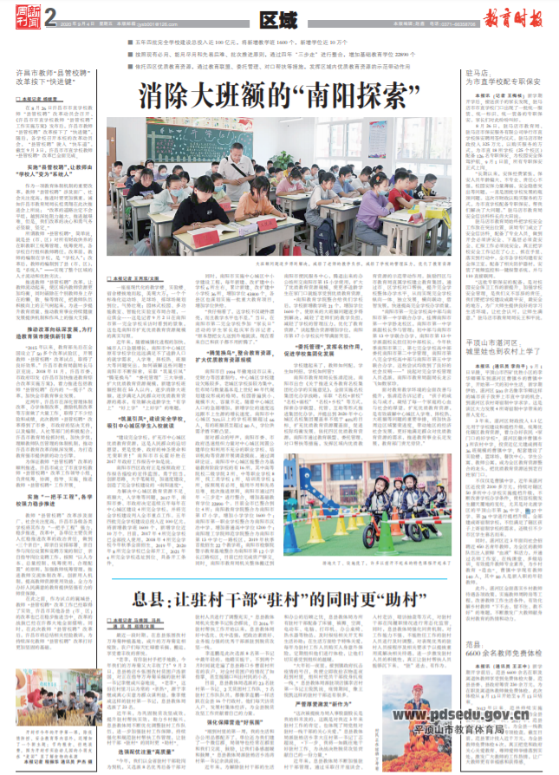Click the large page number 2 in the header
point(49,16)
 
